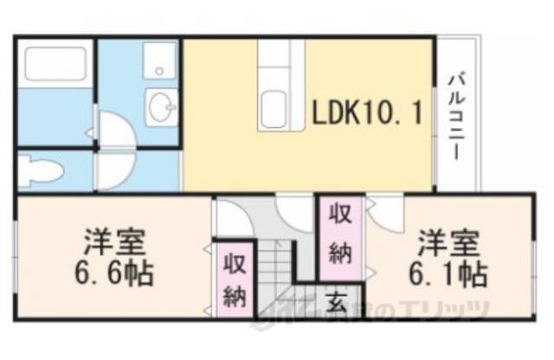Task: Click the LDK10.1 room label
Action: click(x=369, y=112)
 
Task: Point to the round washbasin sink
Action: click(x=160, y=109)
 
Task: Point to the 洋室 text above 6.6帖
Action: click(x=113, y=239)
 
